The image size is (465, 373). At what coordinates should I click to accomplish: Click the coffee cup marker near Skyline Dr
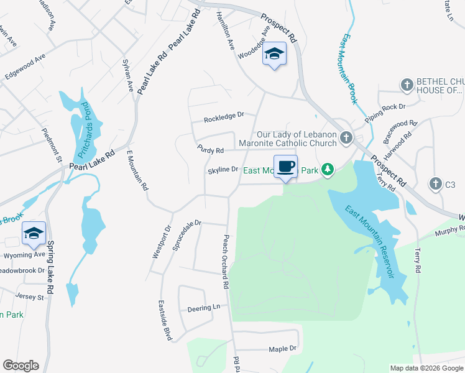285,167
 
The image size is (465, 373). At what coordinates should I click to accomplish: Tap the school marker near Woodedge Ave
274,55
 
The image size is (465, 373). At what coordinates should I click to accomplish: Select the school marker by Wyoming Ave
34,234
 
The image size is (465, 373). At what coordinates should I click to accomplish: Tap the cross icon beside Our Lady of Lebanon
346,138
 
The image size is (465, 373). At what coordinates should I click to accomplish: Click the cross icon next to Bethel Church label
407,84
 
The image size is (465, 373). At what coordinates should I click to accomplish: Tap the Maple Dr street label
283,349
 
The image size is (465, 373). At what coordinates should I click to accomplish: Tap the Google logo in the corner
21,366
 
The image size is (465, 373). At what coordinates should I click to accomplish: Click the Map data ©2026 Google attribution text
426,368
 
